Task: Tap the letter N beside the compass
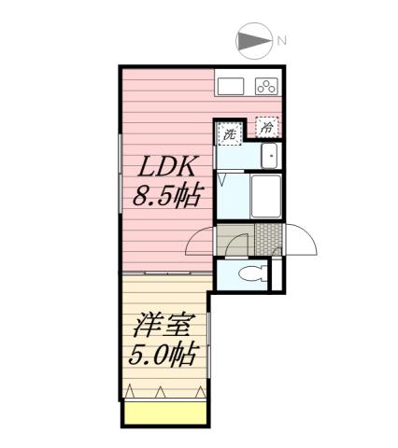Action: click(280, 40)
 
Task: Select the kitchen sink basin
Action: click(230, 87)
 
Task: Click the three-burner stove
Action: click(266, 87)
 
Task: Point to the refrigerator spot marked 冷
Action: click(267, 126)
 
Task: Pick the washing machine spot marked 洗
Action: click(229, 134)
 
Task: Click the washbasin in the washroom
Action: click(268, 156)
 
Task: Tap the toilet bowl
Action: click(249, 273)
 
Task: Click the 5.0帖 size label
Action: click(163, 357)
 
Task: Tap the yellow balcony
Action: click(163, 413)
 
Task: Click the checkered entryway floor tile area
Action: click(269, 240)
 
